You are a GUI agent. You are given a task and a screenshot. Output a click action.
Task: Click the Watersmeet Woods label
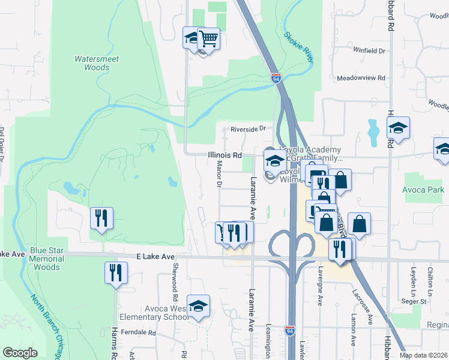coord(97,63)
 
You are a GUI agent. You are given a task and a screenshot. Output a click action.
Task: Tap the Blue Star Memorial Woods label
coord(46,259)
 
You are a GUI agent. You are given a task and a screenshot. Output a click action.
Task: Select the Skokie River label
coord(298,47)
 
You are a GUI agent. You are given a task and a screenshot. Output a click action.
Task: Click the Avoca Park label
coord(424,190)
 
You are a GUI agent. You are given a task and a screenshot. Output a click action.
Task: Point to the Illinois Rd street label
coord(224,155)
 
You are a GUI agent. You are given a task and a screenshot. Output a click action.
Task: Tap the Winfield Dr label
coord(369,51)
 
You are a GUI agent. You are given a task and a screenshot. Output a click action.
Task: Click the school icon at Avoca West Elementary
coord(198,307)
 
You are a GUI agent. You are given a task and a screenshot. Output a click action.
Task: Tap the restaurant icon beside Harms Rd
coord(116,273)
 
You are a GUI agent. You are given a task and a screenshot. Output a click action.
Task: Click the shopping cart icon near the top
coord(208,38)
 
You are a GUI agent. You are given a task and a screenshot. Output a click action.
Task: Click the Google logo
coord(20,353)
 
